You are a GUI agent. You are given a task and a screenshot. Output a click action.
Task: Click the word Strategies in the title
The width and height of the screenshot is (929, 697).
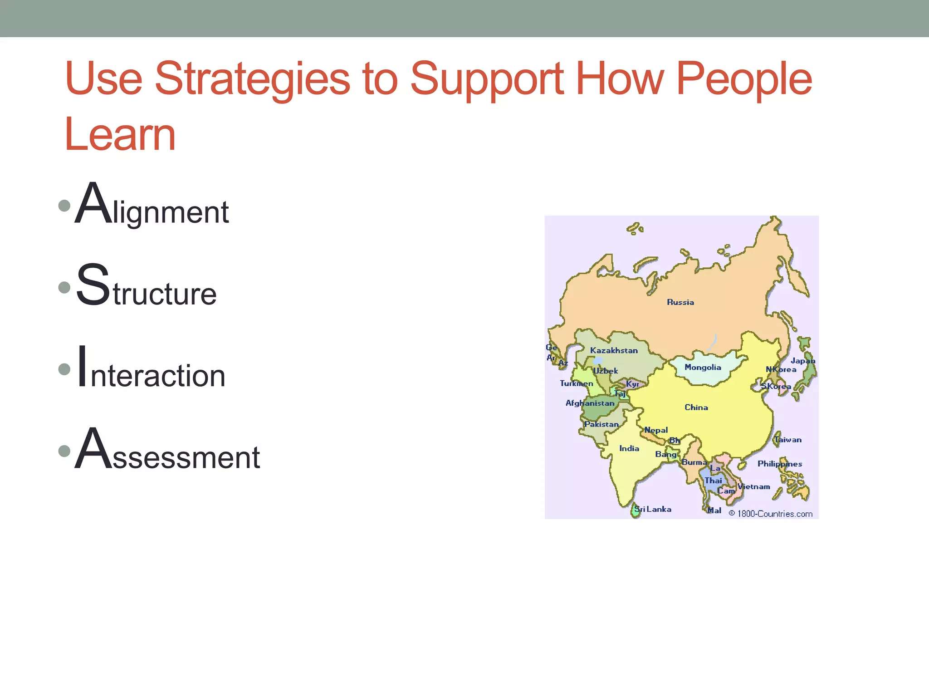tap(252, 80)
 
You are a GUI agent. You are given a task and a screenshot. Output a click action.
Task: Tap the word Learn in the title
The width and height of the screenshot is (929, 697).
tap(120, 135)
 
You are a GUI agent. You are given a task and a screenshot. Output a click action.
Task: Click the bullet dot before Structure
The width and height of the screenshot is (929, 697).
tap(64, 287)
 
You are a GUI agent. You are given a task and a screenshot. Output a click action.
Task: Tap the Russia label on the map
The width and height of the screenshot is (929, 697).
tap(680, 302)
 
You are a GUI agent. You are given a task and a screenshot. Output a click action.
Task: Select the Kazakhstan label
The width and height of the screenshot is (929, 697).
tap(614, 350)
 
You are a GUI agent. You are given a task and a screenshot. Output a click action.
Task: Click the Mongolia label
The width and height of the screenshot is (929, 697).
tap(703, 367)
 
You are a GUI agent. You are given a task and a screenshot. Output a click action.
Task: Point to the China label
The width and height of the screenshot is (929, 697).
tap(696, 407)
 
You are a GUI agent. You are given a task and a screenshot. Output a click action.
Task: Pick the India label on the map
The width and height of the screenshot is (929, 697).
tap(629, 448)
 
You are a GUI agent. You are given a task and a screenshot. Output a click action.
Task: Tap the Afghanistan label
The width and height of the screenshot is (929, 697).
tap(590, 403)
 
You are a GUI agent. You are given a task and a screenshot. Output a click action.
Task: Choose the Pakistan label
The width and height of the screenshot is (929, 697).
tap(601, 424)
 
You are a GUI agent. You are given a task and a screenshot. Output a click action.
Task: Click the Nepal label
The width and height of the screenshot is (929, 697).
tap(656, 430)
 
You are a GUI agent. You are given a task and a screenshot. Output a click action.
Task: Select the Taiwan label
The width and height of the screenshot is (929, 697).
tap(788, 440)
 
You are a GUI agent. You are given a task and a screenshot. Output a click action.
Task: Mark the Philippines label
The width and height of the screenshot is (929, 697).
tap(780, 464)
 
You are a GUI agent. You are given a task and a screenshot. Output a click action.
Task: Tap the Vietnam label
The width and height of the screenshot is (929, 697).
tap(754, 487)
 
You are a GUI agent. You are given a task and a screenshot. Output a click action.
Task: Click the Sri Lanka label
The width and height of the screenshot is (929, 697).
tap(653, 509)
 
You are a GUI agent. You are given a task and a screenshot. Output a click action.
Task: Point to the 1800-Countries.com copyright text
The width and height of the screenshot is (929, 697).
tap(771, 514)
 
